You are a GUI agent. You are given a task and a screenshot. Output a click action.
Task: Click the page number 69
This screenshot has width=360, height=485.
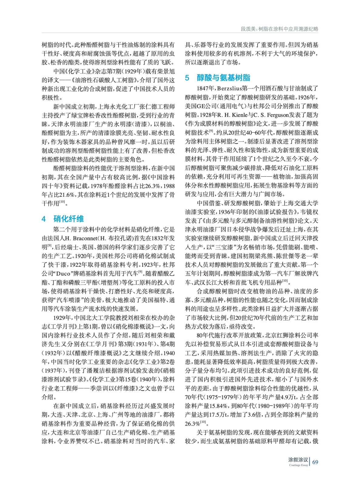pos(315,462)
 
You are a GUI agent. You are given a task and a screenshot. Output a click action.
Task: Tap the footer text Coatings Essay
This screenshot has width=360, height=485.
pos(298,465)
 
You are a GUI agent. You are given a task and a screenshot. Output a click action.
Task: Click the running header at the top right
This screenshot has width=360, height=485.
pos(279,29)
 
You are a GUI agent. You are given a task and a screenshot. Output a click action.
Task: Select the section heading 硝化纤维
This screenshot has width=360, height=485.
pos(69,219)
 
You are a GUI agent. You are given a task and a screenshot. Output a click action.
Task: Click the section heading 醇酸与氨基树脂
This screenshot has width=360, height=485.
pos(223,78)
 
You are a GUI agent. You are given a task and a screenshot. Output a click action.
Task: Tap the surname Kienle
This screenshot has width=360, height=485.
pos(240,115)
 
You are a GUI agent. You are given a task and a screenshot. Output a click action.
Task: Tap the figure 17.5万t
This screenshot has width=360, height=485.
pos(221,415)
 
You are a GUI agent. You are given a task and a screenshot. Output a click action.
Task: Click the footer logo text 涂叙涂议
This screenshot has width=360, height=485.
pos(298,460)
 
